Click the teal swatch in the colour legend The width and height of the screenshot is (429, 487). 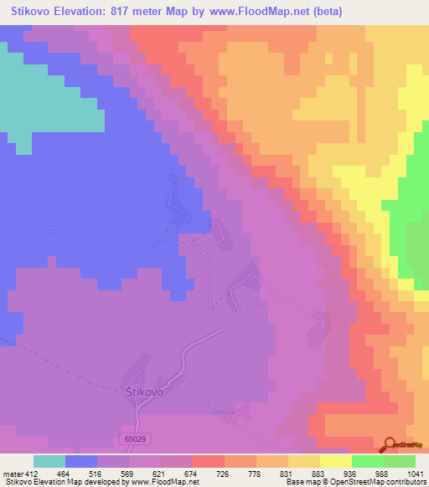pyautogui.click(x=49, y=460)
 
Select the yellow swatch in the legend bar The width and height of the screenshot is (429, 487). pyautogui.click(x=336, y=460)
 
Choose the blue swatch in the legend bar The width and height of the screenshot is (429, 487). pyautogui.click(x=81, y=460)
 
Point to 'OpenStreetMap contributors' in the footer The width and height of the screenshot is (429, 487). pyautogui.click(x=383, y=482)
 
